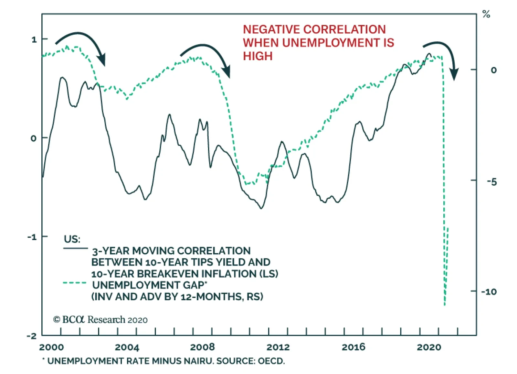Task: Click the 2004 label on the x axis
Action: (x=127, y=347)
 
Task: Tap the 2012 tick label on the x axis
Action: (x=278, y=347)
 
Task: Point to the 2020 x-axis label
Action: (x=429, y=347)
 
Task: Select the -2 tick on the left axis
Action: (x=32, y=336)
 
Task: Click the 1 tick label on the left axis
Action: (x=34, y=39)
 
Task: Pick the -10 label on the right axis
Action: (x=489, y=292)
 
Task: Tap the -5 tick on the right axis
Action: (x=491, y=182)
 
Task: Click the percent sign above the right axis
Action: (x=486, y=14)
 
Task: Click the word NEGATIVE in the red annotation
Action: (x=271, y=29)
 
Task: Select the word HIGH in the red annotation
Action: (x=258, y=56)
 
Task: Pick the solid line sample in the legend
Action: (x=76, y=248)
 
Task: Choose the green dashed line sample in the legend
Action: (x=75, y=283)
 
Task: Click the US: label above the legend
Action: (x=72, y=239)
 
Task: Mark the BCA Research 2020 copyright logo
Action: (x=100, y=320)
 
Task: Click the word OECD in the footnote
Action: (x=271, y=361)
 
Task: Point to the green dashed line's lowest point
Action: (x=445, y=304)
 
